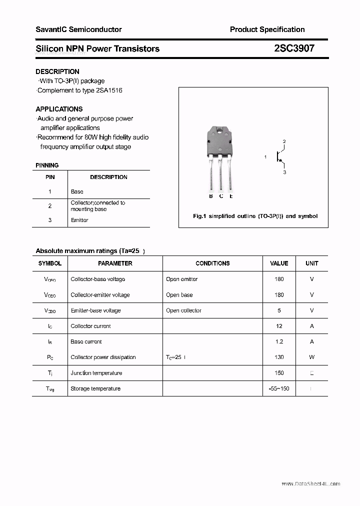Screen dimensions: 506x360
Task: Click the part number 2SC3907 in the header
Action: click(294, 48)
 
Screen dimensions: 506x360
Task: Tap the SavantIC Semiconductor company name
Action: click(78, 29)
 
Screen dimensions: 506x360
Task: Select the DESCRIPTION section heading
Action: click(57, 71)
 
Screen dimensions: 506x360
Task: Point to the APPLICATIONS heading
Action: click(59, 109)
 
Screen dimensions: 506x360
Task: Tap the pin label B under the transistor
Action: click(211, 196)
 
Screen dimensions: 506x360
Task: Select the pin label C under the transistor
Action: click(221, 196)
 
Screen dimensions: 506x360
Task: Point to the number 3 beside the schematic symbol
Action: click(284, 172)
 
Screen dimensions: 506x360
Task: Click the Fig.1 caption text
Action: click(255, 216)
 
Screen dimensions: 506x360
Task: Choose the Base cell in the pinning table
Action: click(77, 191)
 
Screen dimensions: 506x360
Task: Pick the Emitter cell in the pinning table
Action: click(79, 220)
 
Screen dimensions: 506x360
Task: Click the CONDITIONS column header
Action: click(212, 263)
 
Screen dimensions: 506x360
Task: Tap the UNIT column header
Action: click(311, 263)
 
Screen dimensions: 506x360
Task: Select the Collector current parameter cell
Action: click(90, 326)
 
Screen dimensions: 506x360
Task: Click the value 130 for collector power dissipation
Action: click(279, 357)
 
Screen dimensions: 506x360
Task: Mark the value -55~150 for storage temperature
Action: click(279, 388)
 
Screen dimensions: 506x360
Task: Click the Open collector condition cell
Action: click(183, 310)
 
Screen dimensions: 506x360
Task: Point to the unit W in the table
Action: click(311, 357)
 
